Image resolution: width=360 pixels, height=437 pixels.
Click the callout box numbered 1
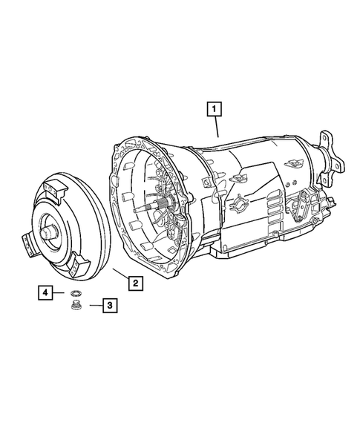tap(214, 111)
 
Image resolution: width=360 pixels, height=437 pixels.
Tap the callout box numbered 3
tap(108, 304)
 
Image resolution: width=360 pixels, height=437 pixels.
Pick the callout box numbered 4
tap(46, 294)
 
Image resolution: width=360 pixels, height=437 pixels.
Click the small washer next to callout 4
tap(74, 295)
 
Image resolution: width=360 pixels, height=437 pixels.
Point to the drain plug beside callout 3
tap(76, 305)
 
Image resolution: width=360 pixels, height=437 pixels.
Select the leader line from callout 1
tap(215, 128)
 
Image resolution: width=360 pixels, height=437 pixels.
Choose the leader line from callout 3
tap(92, 304)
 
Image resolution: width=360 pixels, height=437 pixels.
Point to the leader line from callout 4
tap(61, 294)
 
